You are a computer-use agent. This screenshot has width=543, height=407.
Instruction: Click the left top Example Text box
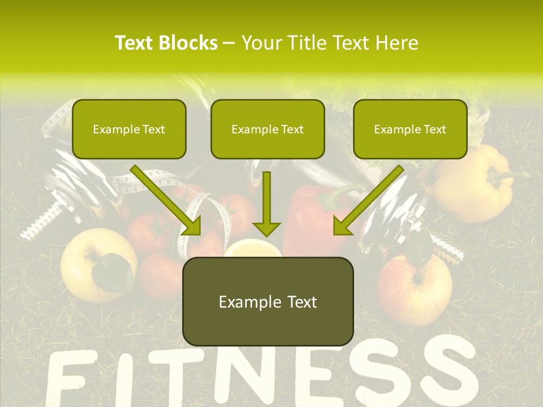click(x=129, y=129)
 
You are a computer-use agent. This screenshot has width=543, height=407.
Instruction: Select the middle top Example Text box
click(x=268, y=129)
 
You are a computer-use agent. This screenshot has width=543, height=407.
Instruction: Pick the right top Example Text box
click(x=410, y=129)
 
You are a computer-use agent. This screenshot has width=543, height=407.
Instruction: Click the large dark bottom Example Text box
click(x=268, y=301)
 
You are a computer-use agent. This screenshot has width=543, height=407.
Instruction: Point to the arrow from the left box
click(x=166, y=200)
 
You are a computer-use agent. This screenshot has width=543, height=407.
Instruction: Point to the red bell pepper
click(x=308, y=220)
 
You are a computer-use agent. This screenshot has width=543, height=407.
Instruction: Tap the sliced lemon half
click(x=253, y=249)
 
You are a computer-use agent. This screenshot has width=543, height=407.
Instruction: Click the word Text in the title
click(x=135, y=43)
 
